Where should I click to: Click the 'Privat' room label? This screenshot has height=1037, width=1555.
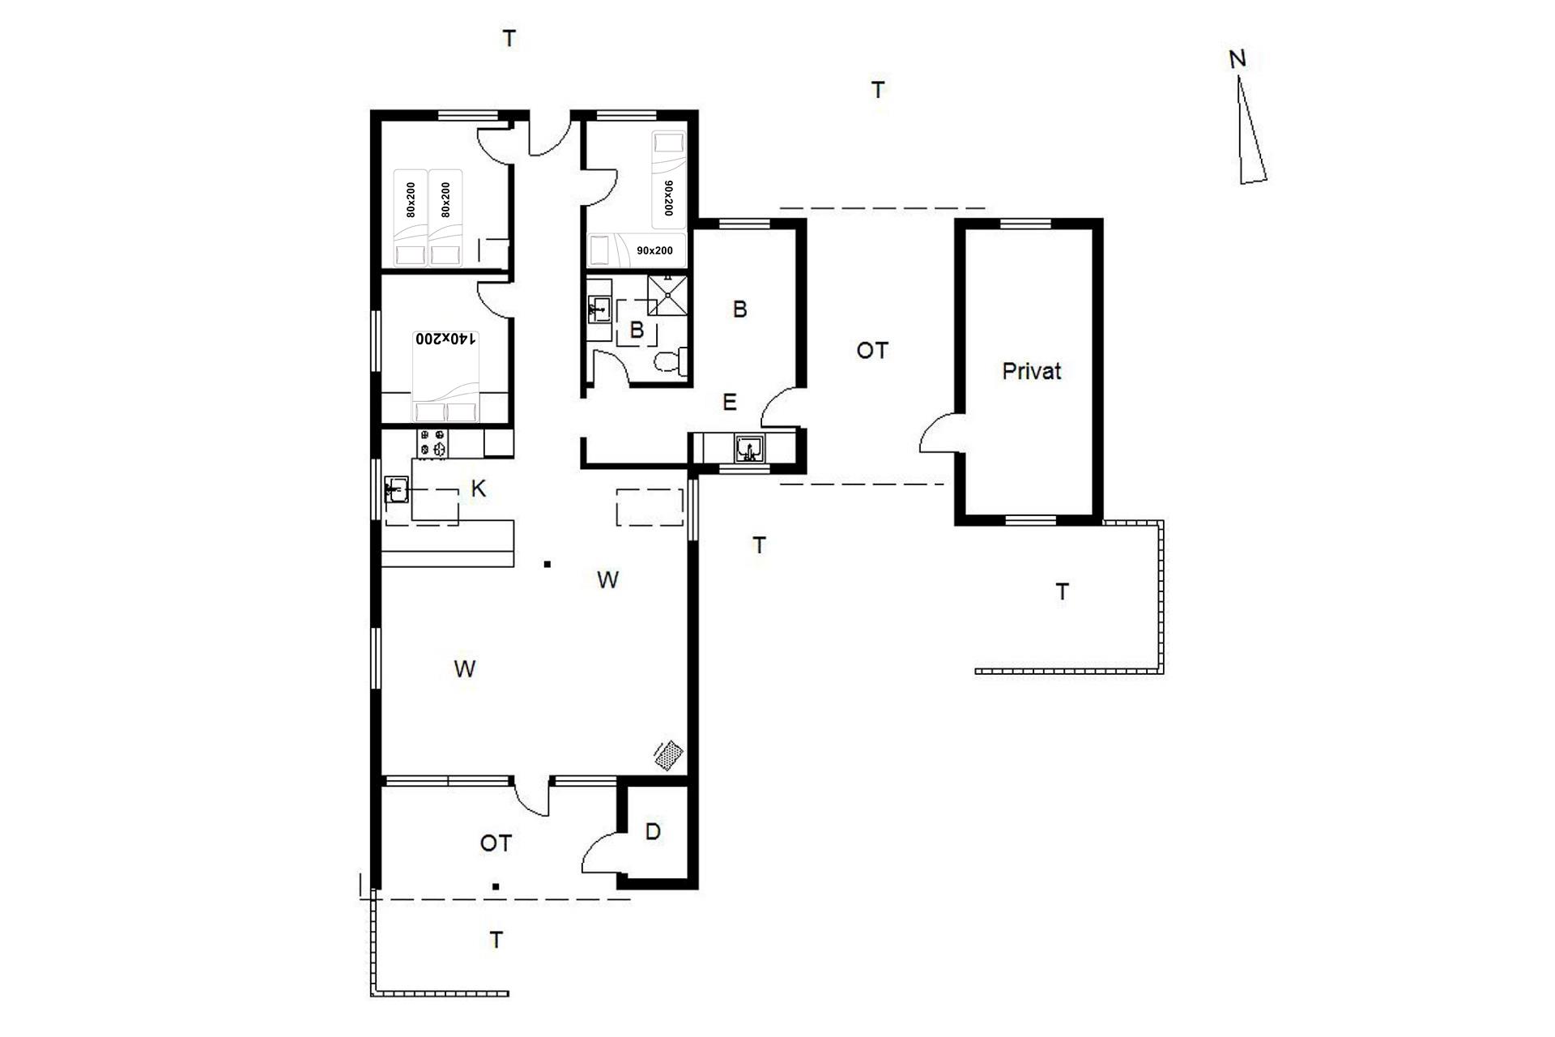point(1031,371)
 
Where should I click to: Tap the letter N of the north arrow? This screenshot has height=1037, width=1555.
point(1237,59)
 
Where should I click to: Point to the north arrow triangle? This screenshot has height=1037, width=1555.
point(1251,130)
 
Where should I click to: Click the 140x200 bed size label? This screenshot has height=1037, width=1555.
point(445,339)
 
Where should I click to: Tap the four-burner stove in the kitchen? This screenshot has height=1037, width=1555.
point(432,443)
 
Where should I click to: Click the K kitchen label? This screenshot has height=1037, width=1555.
point(478,489)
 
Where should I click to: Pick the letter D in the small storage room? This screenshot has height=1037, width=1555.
point(653,831)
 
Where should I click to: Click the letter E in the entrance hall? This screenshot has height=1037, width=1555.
point(729,402)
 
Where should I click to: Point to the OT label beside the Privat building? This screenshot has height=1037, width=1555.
point(872,351)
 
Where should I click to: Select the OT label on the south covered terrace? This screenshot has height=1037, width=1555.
point(496,843)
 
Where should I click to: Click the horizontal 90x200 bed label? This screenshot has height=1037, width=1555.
point(654,250)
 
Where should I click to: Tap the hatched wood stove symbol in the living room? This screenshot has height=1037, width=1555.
point(668,755)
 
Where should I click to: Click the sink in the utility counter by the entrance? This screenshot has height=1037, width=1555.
point(749,448)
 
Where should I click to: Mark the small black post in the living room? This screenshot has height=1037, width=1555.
point(547,564)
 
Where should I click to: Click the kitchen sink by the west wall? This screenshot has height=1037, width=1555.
point(397,489)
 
